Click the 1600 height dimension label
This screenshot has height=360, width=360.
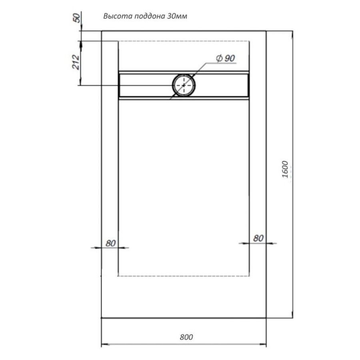(x=285, y=169)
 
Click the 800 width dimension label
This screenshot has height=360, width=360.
(x=186, y=337)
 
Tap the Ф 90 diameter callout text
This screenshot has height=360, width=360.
(x=226, y=58)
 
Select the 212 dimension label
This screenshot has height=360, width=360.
(x=76, y=62)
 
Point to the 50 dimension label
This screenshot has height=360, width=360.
(x=77, y=18)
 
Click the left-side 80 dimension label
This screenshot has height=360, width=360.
(x=110, y=243)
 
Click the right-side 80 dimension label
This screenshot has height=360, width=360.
(x=258, y=238)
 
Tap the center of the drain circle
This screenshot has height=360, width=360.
(x=184, y=85)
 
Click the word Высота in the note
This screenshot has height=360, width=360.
(x=117, y=16)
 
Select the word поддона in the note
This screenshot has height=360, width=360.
(x=149, y=16)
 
